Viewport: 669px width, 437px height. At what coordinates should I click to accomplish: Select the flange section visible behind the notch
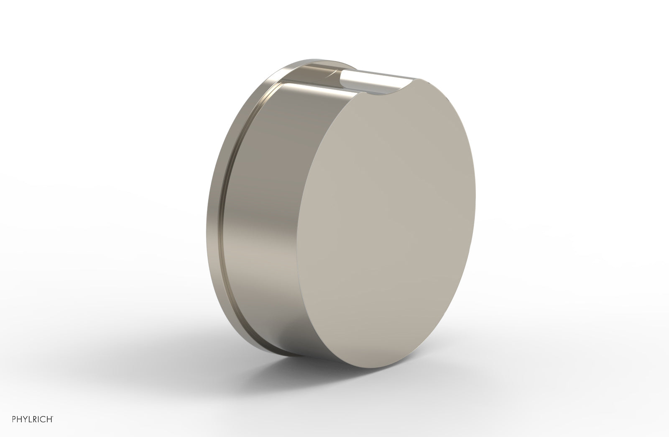[x=330, y=67]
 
